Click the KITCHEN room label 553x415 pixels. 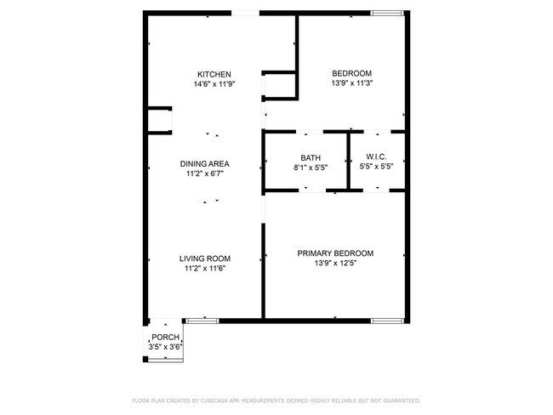[214, 74]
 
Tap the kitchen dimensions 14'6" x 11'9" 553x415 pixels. [214, 84]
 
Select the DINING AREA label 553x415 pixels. [204, 163]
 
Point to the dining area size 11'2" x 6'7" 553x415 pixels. [204, 173]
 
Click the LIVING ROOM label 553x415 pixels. [204, 259]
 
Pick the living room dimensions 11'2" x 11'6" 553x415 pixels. [204, 269]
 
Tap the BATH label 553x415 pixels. [310, 157]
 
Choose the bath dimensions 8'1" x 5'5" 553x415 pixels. [310, 168]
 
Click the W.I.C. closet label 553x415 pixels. [377, 157]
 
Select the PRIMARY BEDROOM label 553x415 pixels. [335, 253]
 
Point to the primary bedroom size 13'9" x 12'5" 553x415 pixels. [335, 263]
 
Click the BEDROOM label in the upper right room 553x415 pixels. [351, 73]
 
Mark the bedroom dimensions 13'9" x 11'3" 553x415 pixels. [351, 83]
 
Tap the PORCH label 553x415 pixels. [165, 338]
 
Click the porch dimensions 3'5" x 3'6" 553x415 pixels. [165, 347]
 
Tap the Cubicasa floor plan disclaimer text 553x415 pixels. [276, 400]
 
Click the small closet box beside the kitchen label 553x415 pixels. [279, 86]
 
